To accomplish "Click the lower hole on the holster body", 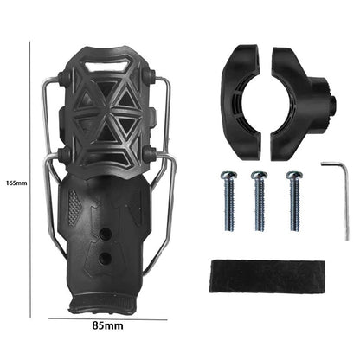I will [x=105, y=257].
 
